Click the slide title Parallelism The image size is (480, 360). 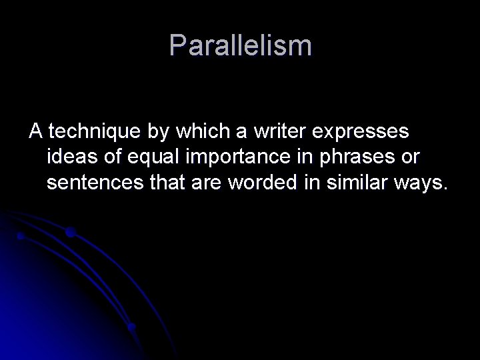tap(240, 45)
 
